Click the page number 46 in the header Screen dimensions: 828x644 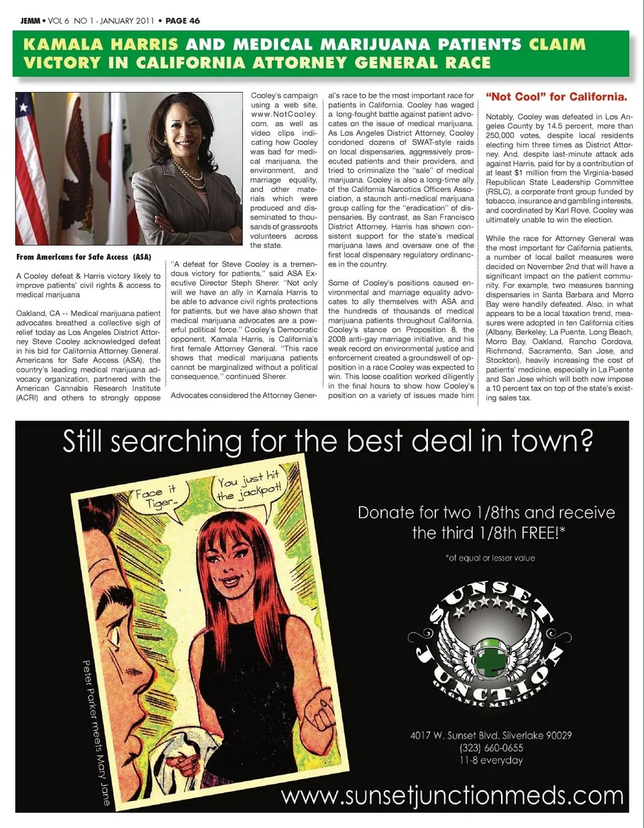tap(193, 21)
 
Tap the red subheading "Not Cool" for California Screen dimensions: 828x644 tap(556, 97)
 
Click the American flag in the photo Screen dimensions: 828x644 tap(31, 168)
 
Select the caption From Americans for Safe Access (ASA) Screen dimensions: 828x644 tap(84, 257)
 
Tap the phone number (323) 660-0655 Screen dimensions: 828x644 tap(491, 747)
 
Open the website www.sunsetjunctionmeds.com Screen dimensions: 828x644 tap(452, 796)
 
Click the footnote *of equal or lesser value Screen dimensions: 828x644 tap(490, 558)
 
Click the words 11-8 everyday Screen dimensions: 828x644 tap(491, 760)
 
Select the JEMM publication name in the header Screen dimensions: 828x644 tap(30, 21)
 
